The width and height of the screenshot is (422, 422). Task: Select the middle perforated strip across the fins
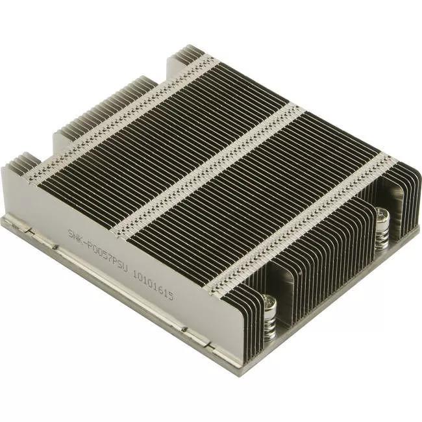coord(208,169)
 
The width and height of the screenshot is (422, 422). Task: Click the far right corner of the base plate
coord(416,230)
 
